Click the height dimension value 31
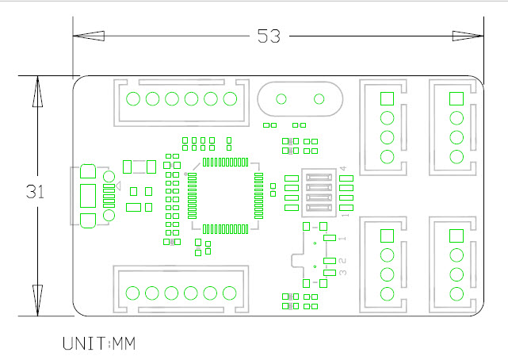pyautogui.click(x=34, y=192)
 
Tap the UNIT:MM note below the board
pyautogui.click(x=99, y=344)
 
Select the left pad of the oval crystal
pyautogui.click(x=281, y=99)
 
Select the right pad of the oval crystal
pyautogui.click(x=319, y=99)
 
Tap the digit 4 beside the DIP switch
pyautogui.click(x=343, y=170)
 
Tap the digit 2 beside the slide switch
pyautogui.click(x=342, y=261)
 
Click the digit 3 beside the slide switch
pyautogui.click(x=342, y=274)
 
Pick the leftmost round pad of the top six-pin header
pyautogui.click(x=133, y=99)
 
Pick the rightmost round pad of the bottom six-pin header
pyautogui.click(x=230, y=293)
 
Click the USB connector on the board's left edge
pyautogui.click(x=88, y=195)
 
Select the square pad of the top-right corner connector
pyautogui.click(x=456, y=98)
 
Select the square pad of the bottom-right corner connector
pyautogui.click(x=456, y=236)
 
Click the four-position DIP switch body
pyautogui.click(x=316, y=193)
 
